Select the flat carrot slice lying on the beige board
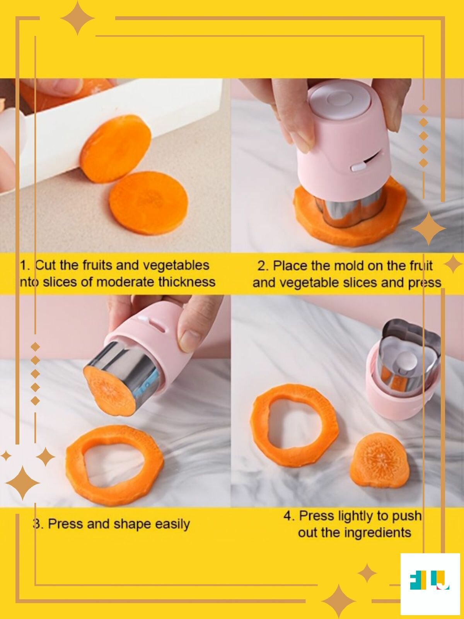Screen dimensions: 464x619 tap(148, 202)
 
